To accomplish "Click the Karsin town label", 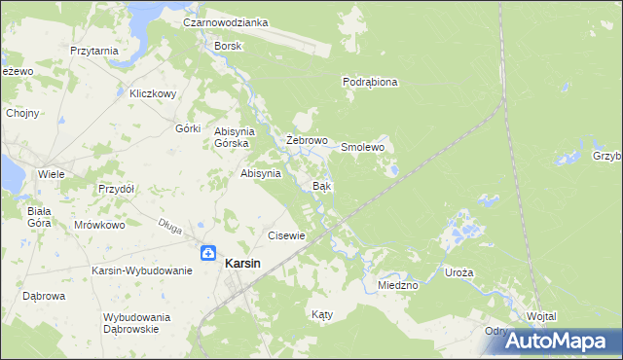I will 241,263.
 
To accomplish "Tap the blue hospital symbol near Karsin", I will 208,253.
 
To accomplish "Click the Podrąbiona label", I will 370,83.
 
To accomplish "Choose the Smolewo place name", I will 363,147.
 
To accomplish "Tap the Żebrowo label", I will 306,141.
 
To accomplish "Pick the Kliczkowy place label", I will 152,94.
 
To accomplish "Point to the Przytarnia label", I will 94,51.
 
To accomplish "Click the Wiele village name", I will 51,174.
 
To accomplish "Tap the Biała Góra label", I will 39,216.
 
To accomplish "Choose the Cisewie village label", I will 287,235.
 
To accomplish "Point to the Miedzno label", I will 397,285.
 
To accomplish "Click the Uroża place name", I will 458,273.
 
